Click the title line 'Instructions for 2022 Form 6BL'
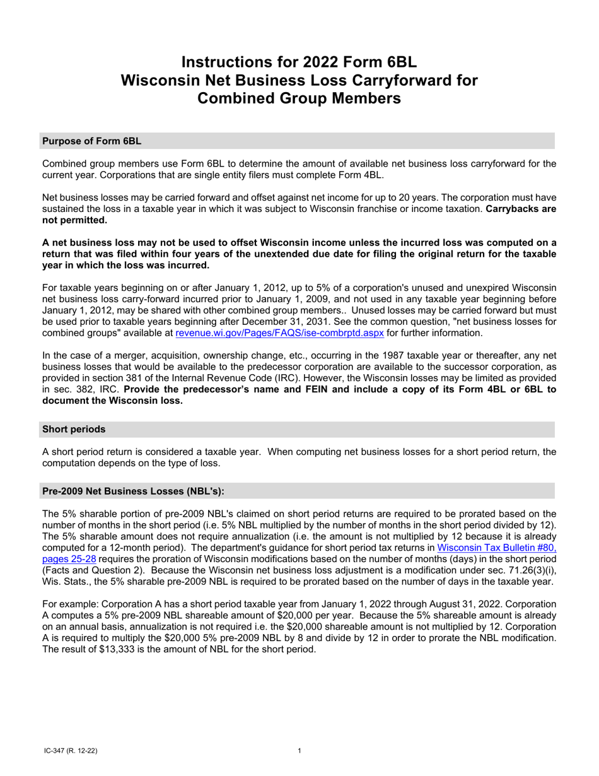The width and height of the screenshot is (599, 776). (x=299, y=62)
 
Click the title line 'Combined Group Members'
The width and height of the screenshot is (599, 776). (x=299, y=98)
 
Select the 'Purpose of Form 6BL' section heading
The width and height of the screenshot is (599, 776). (x=91, y=141)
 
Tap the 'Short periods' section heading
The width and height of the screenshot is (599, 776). (x=74, y=430)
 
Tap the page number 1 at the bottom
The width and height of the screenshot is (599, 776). (x=299, y=751)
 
